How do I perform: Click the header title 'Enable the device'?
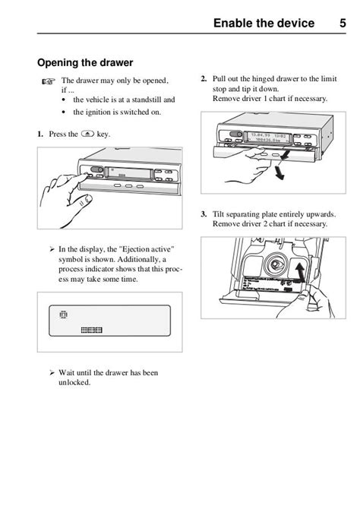tap(264, 24)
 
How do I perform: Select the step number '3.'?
tap(204, 214)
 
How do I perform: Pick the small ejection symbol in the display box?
tap(63, 313)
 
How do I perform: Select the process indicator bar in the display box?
tap(91, 330)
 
